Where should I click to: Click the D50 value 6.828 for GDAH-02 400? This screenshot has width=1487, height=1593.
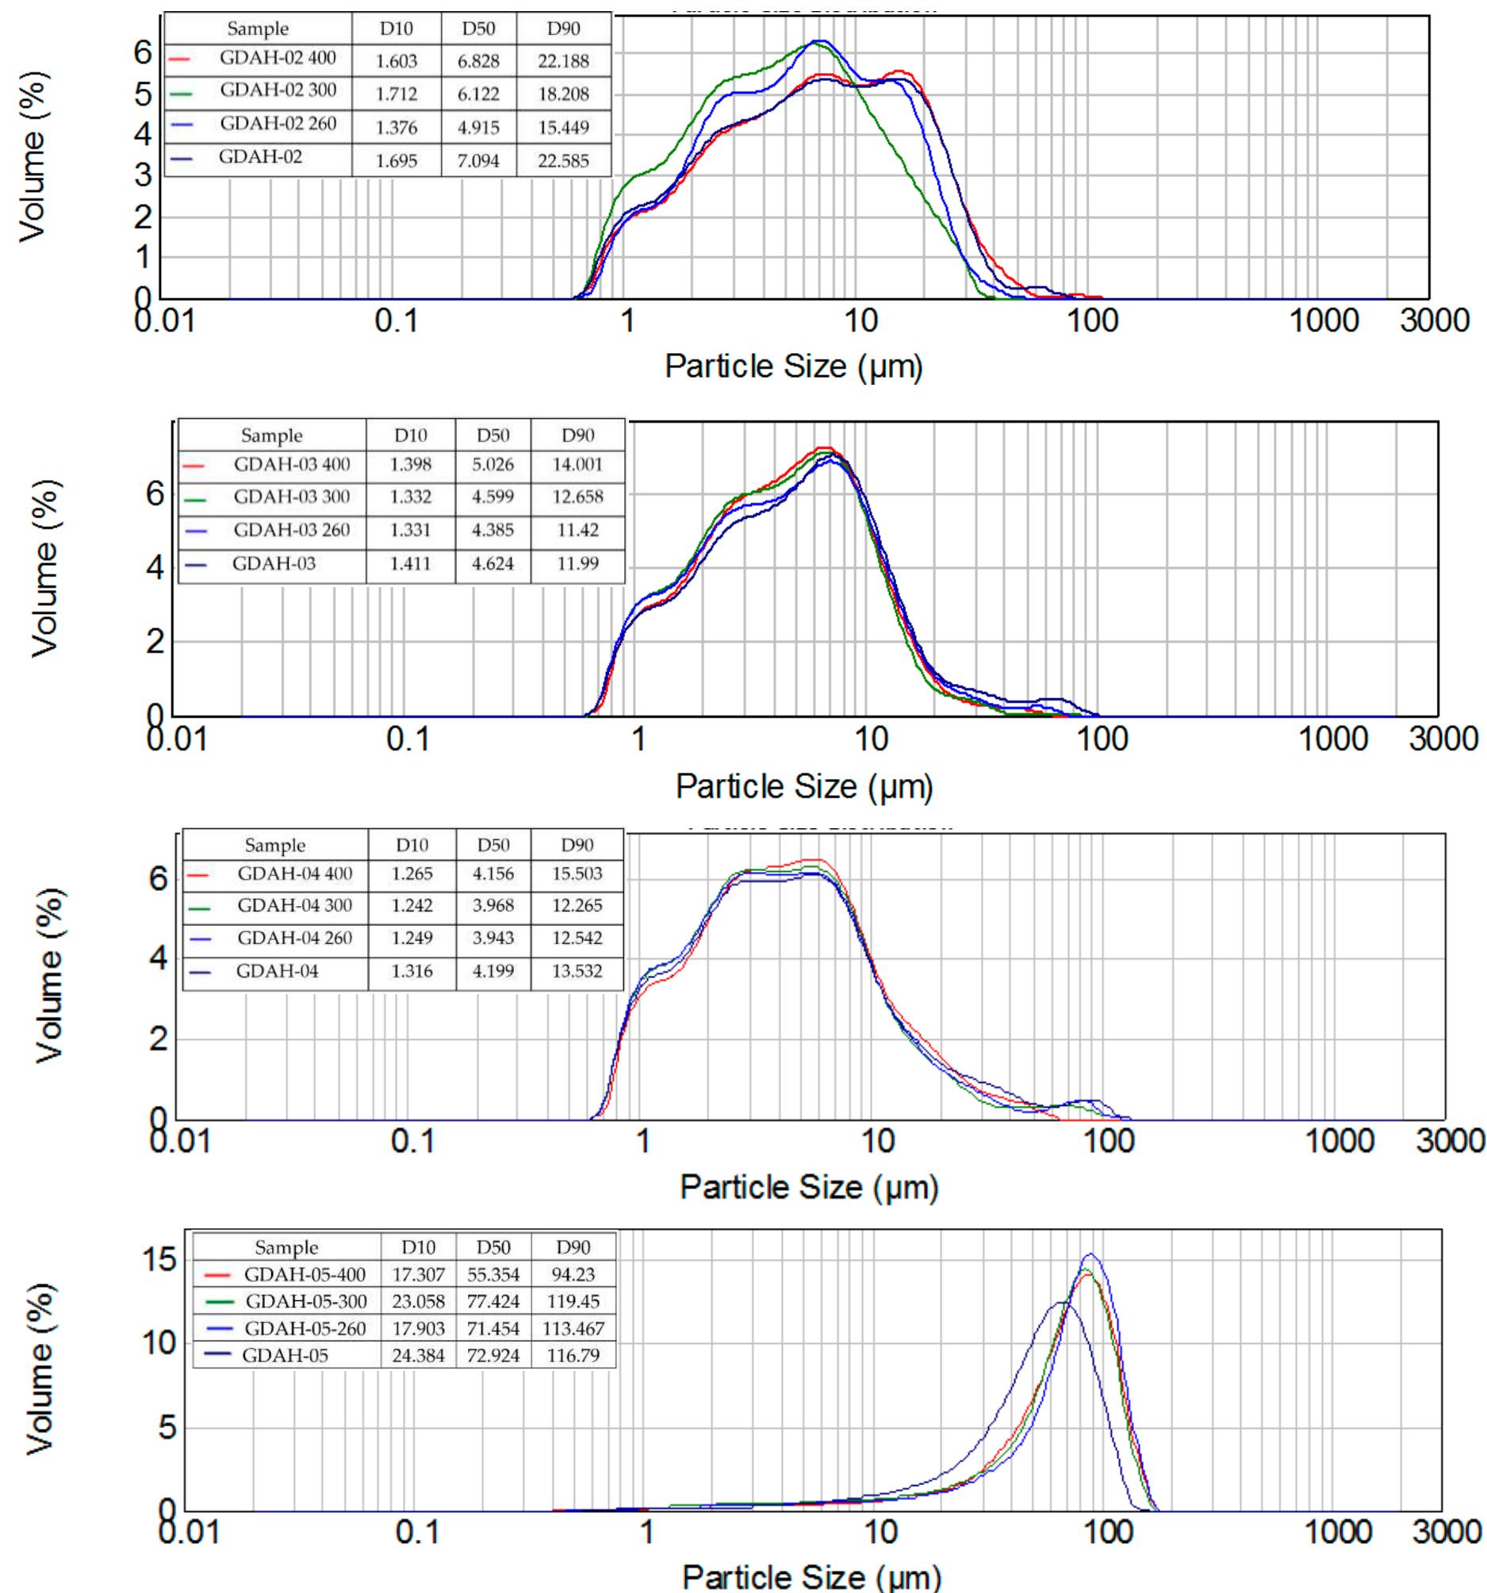point(478,61)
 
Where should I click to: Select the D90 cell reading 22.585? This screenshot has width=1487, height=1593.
point(563,161)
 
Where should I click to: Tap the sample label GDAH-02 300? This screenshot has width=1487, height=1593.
point(278,90)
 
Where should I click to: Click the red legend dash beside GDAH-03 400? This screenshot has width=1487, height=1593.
point(194,466)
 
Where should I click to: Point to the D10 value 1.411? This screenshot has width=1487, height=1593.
point(410,564)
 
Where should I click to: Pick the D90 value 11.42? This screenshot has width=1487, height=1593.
point(577,531)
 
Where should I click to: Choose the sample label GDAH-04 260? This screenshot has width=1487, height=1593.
point(294,939)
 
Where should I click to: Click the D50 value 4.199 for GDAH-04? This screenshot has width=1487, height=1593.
point(492,972)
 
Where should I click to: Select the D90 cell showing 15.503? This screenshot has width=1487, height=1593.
point(577,874)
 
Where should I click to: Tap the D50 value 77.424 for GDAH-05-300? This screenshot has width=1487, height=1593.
point(492,1301)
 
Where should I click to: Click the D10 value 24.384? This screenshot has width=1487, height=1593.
point(418,1356)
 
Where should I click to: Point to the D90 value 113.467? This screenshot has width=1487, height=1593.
point(573,1329)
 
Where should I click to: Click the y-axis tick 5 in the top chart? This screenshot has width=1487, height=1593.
point(143,94)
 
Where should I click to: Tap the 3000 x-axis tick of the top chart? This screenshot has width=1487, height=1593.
point(1434,321)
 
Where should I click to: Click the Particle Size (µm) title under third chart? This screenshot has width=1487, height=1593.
point(808,1186)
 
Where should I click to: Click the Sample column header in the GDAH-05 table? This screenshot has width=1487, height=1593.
point(286,1248)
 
